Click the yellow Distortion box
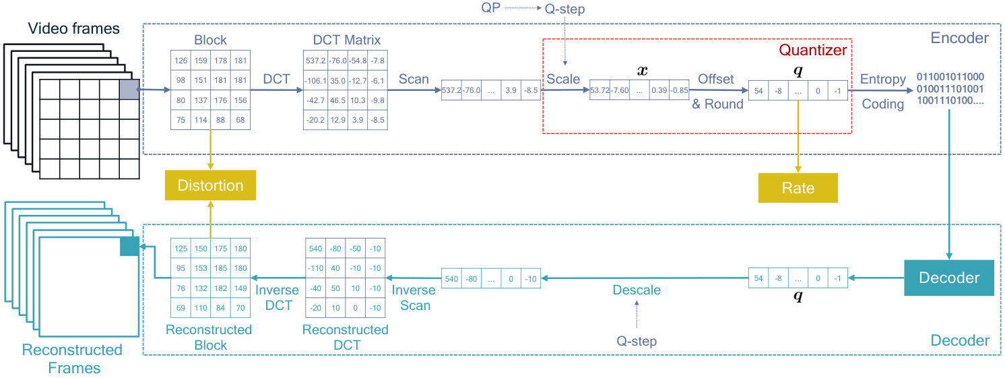coord(210,185)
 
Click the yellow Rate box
coord(798,188)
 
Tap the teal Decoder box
coord(949,278)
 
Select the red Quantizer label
coord(812,50)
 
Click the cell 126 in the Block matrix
coord(181,61)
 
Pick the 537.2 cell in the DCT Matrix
coord(315,61)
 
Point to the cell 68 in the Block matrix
coord(240,120)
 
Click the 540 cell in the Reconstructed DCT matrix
coord(315,248)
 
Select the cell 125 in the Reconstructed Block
coord(181,248)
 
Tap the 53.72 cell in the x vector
coord(600,90)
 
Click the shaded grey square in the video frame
coord(129,90)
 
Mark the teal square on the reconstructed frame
coord(129,247)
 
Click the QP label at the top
coord(490,7)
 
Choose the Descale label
coord(637,290)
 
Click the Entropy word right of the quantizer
coord(882,80)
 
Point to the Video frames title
coord(73,28)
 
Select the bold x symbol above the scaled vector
coord(643,71)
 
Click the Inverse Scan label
coord(414,298)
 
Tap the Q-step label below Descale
coord(637,341)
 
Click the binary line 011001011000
coord(950,77)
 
